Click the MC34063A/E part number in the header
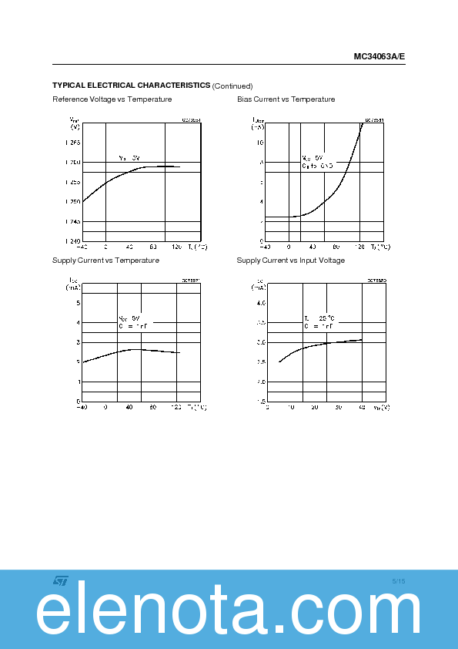(379, 56)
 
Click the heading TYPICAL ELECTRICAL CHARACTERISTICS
(131, 85)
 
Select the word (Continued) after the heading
(232, 86)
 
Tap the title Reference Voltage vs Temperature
(112, 99)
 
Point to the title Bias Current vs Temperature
(286, 99)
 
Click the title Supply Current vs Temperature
(105, 261)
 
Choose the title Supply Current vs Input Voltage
(290, 261)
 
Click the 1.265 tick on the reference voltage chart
(72, 143)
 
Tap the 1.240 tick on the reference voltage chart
(72, 241)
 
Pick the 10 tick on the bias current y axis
(260, 143)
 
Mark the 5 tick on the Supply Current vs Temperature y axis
(78, 302)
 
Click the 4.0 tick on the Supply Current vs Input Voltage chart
(261, 303)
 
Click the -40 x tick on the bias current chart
(264, 247)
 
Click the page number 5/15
(398, 580)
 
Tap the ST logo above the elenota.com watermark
(60, 580)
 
